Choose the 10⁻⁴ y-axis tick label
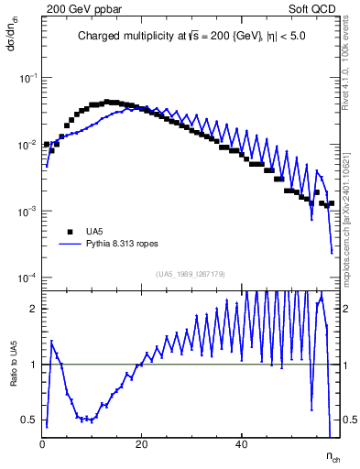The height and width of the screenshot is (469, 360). click(x=28, y=278)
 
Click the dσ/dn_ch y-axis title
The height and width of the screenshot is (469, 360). click(x=11, y=35)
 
